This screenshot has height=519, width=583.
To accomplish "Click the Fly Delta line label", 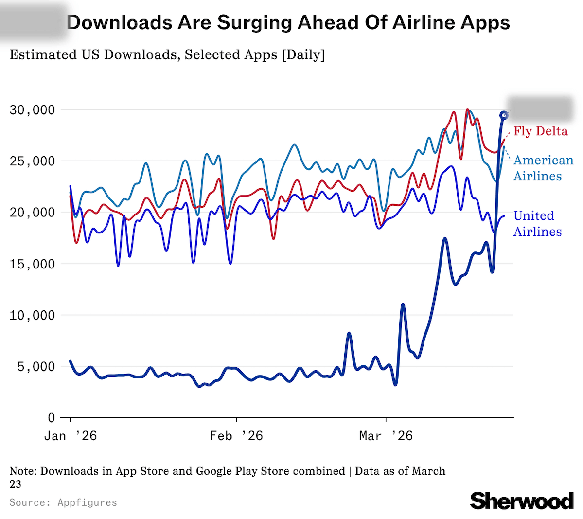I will click(540, 131).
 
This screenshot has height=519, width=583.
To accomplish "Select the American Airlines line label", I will click(543, 168).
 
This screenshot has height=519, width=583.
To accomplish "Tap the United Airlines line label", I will click(537, 224).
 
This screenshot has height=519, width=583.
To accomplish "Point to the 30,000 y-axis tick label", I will click(32, 110).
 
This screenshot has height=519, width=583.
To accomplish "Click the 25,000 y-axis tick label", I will click(32, 161).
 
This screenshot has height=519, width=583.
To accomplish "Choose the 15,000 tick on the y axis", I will click(32, 264).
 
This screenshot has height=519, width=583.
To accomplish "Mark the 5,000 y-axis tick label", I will click(36, 366).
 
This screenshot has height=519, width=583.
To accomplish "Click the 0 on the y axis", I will click(51, 417).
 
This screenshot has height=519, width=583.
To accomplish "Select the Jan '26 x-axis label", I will click(71, 436).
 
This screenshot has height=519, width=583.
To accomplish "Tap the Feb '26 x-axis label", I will click(236, 436).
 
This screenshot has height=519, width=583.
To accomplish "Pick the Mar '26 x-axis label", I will click(386, 436).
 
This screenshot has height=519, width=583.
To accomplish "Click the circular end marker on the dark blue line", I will click(504, 115).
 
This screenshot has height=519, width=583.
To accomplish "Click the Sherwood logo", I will click(522, 501).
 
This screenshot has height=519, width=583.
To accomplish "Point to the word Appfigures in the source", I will click(87, 502).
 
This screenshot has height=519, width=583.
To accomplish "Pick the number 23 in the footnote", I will click(16, 484).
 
